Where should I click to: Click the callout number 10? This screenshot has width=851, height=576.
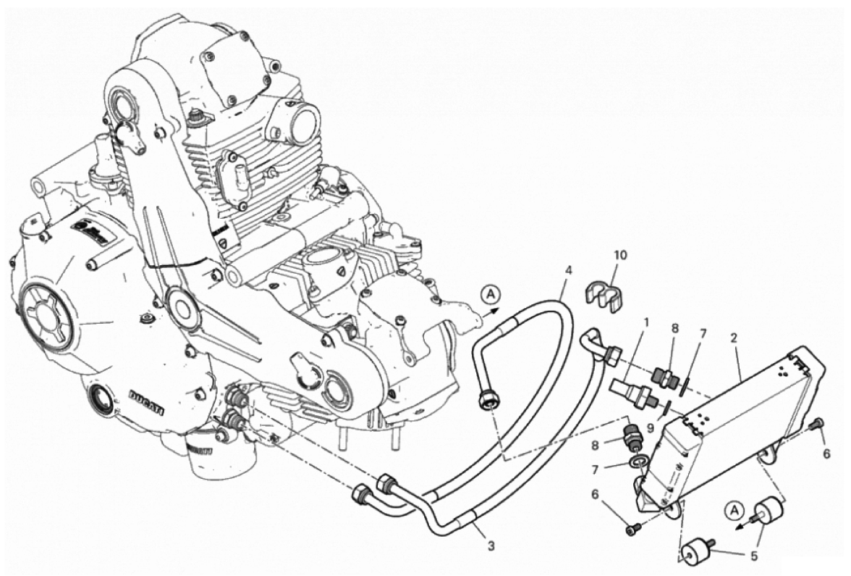(620, 255)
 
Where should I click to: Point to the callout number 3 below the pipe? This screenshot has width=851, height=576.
(491, 547)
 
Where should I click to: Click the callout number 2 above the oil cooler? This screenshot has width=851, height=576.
(734, 338)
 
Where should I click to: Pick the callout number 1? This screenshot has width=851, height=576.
(645, 322)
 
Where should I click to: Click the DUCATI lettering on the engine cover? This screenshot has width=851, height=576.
(146, 403)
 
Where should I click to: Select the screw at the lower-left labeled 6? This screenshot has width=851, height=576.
(632, 527)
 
